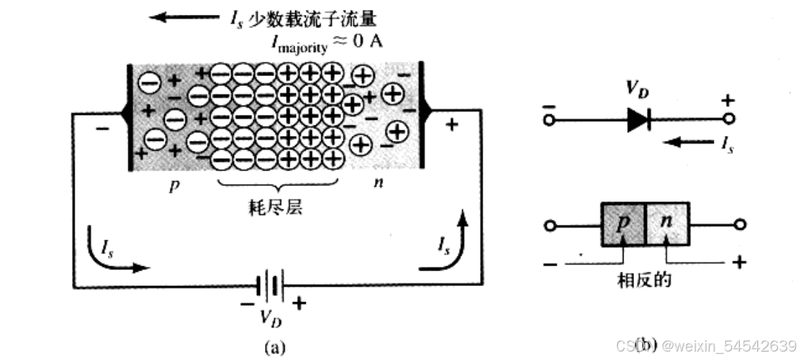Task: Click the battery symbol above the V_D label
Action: pyautogui.click(x=271, y=285)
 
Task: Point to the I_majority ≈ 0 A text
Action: pyautogui.click(x=328, y=42)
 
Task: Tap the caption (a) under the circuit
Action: pyautogui.click(x=275, y=347)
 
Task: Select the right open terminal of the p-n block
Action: pyautogui.click(x=739, y=225)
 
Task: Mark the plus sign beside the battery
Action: pyautogui.click(x=300, y=303)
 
